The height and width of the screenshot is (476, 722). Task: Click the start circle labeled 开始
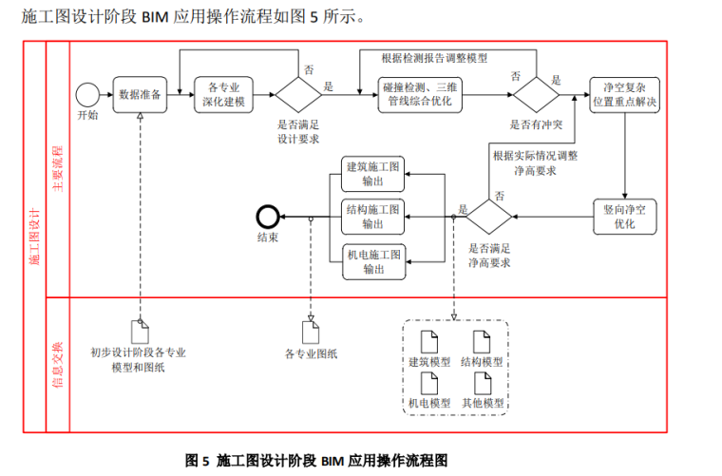click(x=87, y=95)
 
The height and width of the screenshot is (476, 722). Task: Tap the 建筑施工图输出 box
click(x=373, y=174)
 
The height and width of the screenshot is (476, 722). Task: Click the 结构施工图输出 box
click(x=373, y=217)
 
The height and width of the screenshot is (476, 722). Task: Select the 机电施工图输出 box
click(x=373, y=261)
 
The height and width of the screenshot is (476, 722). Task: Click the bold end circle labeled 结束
click(x=267, y=217)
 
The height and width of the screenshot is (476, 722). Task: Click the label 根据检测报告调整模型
click(x=434, y=58)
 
